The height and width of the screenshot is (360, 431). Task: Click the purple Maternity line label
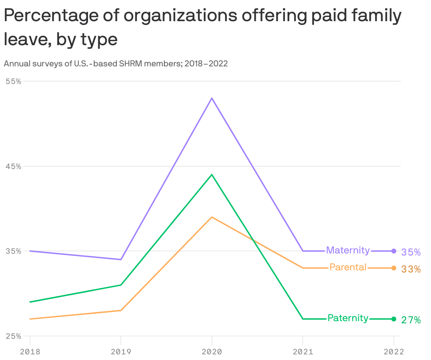point(348,250)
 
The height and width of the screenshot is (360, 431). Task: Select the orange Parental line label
point(348,268)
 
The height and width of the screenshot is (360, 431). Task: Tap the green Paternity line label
point(348,318)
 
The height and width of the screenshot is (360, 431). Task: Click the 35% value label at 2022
point(411,252)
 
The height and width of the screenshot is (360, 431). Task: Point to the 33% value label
point(411,269)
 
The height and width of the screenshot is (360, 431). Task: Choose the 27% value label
point(411,320)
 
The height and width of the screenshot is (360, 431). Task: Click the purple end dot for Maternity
point(394,251)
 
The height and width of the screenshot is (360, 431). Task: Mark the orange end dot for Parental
point(394,268)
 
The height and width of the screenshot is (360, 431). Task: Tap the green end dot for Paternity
point(394,319)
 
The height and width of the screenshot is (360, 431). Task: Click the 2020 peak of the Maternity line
point(212,98)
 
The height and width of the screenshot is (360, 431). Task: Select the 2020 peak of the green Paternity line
point(212,175)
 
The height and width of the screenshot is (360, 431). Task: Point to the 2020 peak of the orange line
point(212,217)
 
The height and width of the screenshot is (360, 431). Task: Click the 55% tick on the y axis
point(13,81)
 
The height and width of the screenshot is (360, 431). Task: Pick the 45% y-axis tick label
point(13,166)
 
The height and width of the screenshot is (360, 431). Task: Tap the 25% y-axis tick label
point(13,336)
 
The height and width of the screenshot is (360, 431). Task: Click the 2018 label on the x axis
point(30,352)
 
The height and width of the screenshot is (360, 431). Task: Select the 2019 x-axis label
point(121,352)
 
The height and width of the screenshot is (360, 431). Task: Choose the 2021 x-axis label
point(303,352)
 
